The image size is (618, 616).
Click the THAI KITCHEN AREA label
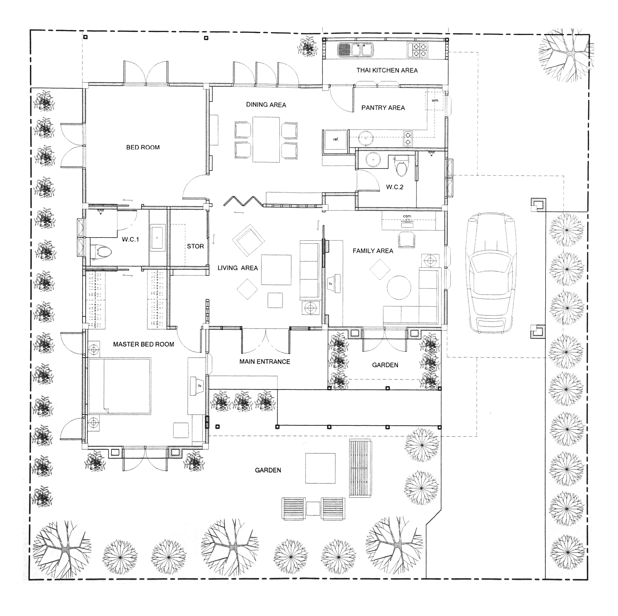tap(387, 70)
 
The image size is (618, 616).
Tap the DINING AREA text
tap(266, 105)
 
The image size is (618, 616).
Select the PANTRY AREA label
tap(383, 108)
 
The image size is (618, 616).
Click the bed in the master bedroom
tap(119, 386)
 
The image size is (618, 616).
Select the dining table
tap(266, 139)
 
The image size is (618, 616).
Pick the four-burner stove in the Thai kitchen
tap(417, 50)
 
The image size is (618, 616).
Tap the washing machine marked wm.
tap(435, 101)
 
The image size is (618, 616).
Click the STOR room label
tap(195, 246)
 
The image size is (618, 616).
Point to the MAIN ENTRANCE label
tap(265, 362)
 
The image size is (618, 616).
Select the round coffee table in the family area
tap(399, 287)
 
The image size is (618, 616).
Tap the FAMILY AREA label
tap(373, 251)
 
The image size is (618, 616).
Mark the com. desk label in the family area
tap(407, 216)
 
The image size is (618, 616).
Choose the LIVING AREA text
tap(237, 268)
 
